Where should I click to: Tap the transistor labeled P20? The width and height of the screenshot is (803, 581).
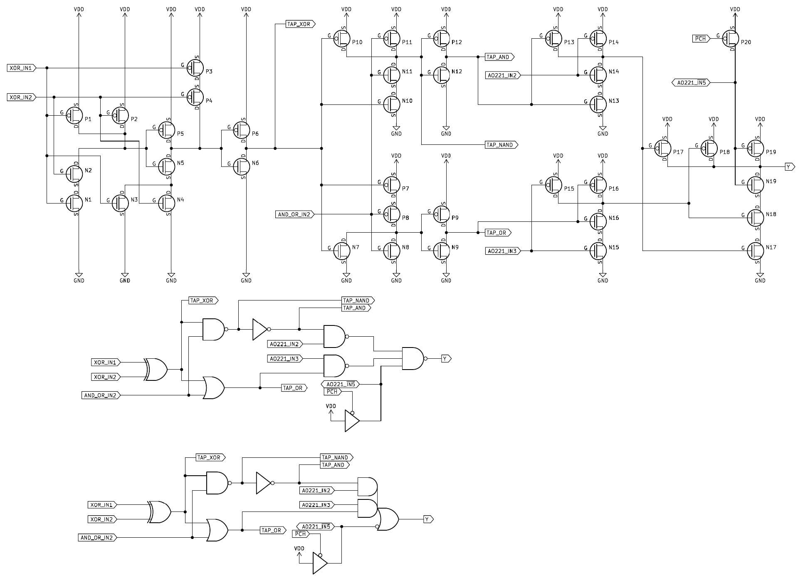click(731, 38)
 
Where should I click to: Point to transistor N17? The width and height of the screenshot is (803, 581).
click(756, 251)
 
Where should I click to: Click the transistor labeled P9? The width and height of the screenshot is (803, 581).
click(441, 214)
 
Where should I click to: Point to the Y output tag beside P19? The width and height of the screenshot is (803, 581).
click(789, 167)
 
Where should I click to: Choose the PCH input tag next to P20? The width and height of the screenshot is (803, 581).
click(701, 39)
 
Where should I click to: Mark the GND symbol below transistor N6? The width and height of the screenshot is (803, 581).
click(246, 276)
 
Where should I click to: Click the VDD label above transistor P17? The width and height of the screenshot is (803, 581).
click(667, 119)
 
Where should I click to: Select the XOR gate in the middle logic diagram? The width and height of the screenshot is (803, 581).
click(156, 369)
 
